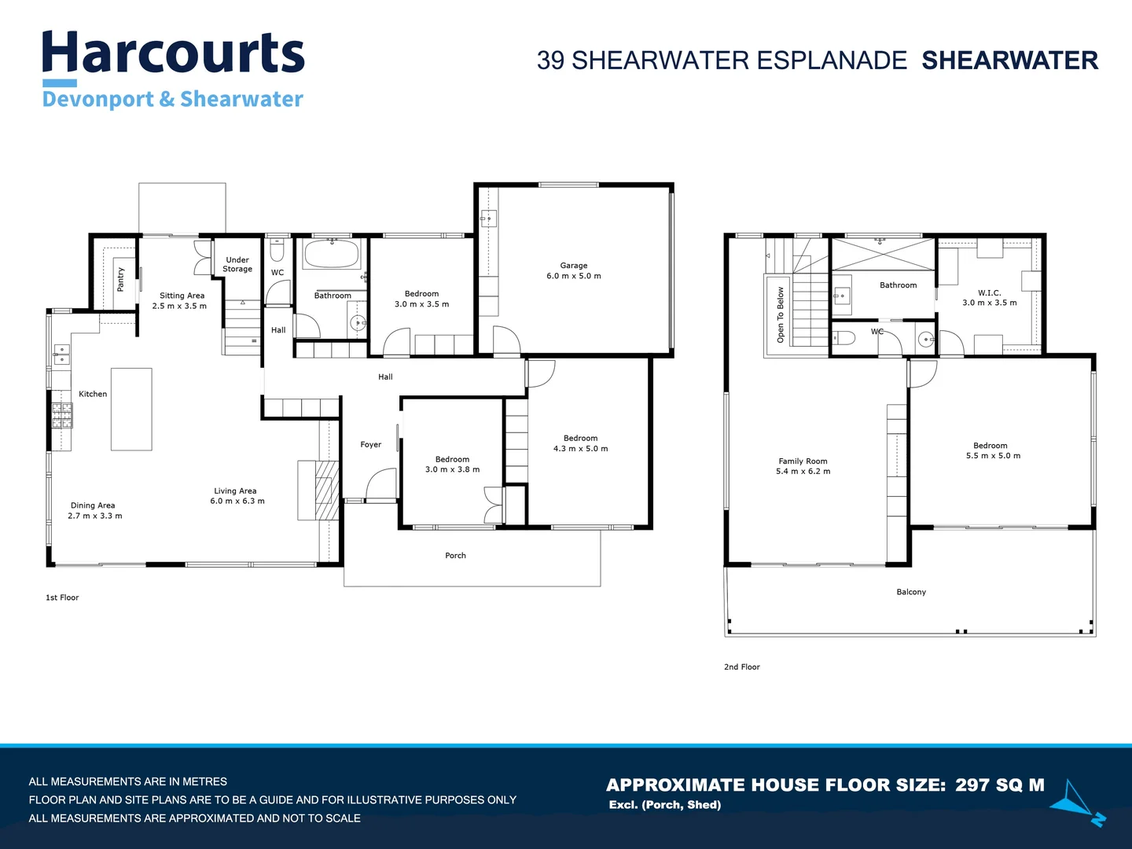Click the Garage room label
coord(574,266)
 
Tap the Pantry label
coord(120,279)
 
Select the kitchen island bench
coord(131,409)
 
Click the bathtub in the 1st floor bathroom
coord(331,254)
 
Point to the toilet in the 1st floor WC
coord(277,250)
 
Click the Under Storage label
coord(237,264)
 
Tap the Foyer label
coord(370,445)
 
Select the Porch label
coord(455,556)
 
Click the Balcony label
coord(911,592)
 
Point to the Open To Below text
coord(781,314)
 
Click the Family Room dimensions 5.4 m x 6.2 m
coord(803,472)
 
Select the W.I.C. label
coord(989,292)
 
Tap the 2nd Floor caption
coord(741,667)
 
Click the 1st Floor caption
coord(62,597)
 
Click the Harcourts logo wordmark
coord(173,53)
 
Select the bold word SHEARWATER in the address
coord(1009,61)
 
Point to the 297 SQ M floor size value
coord(999,785)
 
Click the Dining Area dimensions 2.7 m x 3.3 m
coord(94,516)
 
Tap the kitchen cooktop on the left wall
coord(62,415)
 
